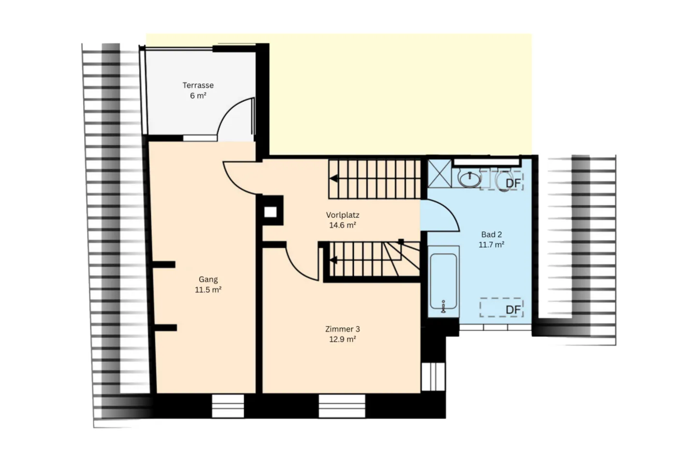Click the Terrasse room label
coord(198,85)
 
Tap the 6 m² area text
coord(198,96)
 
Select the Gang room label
coord(208,279)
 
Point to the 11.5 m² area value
coord(208,290)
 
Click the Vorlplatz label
coord(342,215)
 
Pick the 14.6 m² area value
coord(342,225)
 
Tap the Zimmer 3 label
coord(342,329)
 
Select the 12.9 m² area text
coord(342,339)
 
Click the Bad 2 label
coord(491,234)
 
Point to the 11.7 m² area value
coord(491,245)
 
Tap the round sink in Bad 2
coord(469,179)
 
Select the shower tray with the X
coord(439,174)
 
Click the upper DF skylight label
coord(513,183)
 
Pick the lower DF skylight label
coord(513,310)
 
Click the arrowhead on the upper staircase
coord(333,179)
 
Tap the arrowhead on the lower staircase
coord(333,261)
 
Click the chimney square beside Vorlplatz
coord(270,212)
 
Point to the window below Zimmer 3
coord(342,406)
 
